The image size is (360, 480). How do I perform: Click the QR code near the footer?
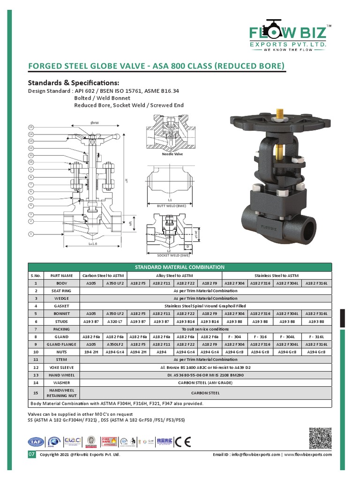[x=320, y=439]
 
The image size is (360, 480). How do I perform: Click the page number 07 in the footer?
[x=32, y=455]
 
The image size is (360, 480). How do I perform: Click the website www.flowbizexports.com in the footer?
[x=307, y=455]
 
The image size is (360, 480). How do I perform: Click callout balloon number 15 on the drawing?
[x=31, y=127]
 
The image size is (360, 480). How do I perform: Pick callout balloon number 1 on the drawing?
[x=31, y=233]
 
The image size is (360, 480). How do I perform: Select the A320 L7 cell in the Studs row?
[x=115, y=322]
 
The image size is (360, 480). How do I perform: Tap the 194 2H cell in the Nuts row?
[x=91, y=352]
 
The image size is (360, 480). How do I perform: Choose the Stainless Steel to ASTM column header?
[x=277, y=276]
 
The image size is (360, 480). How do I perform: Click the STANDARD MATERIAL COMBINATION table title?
[x=180, y=267]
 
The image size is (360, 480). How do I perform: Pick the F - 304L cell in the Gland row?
[x=287, y=337]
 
